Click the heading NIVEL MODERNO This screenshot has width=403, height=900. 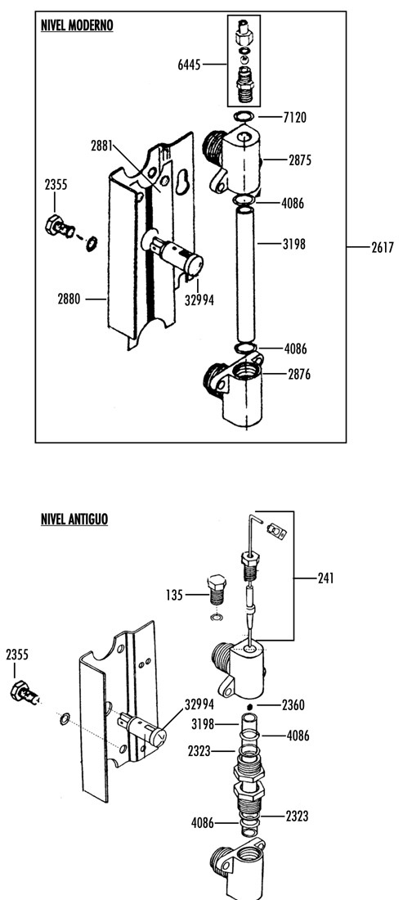pyautogui.click(x=77, y=25)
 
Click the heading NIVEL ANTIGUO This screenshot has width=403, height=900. pyautogui.click(x=74, y=519)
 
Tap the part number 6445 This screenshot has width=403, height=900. pyautogui.click(x=189, y=65)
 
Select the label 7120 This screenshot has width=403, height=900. pyautogui.click(x=294, y=118)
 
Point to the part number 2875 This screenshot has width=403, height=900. pyautogui.click(x=300, y=160)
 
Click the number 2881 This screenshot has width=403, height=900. pyautogui.click(x=102, y=146)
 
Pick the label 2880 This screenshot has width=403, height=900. pyautogui.click(x=69, y=299)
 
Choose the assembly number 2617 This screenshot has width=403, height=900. pyautogui.click(x=383, y=247)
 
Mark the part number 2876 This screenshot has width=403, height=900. pyautogui.click(x=299, y=374)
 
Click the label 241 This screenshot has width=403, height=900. pyautogui.click(x=325, y=578)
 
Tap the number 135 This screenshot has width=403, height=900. pyautogui.click(x=174, y=595)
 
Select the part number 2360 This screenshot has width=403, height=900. pyautogui.click(x=293, y=704)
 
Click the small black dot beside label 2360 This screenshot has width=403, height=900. pyautogui.click(x=250, y=704)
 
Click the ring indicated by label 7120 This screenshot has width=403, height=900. pyautogui.click(x=244, y=117)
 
